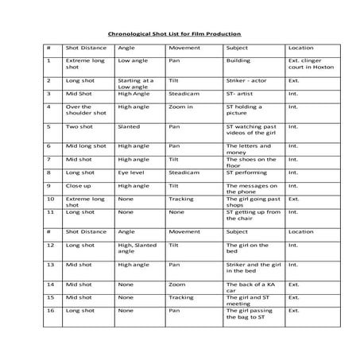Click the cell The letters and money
pos(250,150)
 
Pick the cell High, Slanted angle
pos(137,250)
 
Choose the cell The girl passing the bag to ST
pos(250,314)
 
